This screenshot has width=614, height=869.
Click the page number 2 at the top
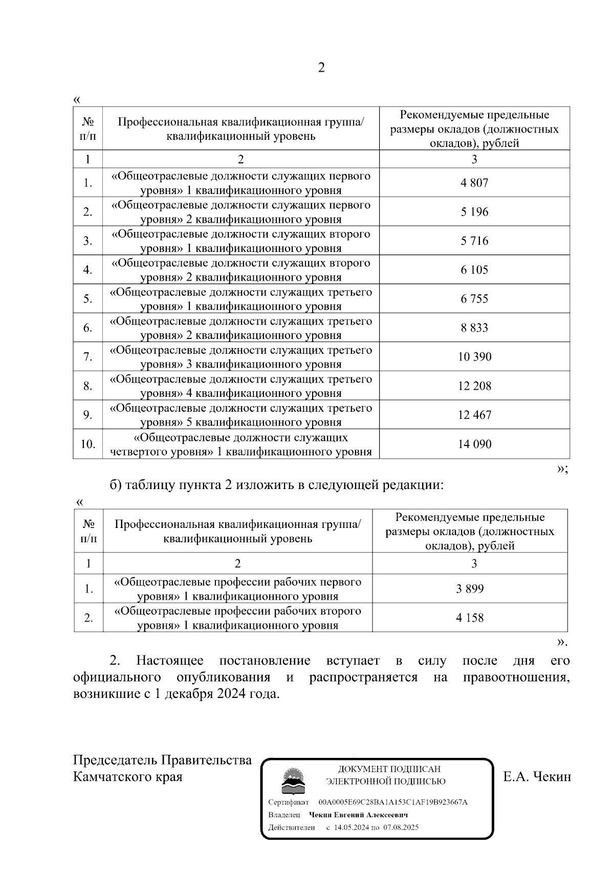321,68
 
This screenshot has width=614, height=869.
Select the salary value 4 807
474,183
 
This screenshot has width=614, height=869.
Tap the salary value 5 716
474,241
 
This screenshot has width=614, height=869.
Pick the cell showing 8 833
474,328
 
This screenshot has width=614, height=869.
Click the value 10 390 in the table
474,357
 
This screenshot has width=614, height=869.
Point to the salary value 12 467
474,415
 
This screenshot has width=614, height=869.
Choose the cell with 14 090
474,444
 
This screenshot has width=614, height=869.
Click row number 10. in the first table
88,444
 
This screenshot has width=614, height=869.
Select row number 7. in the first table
88,357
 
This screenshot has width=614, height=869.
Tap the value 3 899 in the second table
470,589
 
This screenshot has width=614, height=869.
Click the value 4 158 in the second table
470,618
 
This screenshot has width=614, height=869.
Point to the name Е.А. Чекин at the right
537,777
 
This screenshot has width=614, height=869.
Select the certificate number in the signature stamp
392,802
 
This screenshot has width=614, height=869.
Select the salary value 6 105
474,270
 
